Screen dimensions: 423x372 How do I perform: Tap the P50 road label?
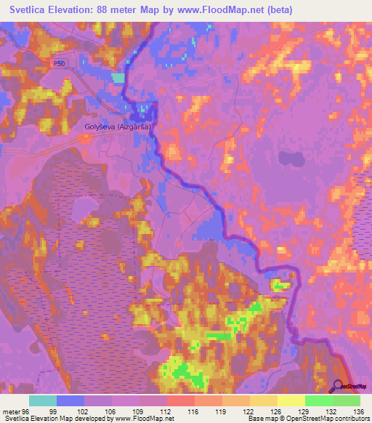(x=59, y=64)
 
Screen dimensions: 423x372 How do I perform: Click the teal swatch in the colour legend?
(x=43, y=400)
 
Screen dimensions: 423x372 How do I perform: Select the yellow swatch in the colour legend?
(x=291, y=400)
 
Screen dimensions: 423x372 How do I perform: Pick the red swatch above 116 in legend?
(x=180, y=400)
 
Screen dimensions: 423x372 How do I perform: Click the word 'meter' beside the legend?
(x=10, y=411)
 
